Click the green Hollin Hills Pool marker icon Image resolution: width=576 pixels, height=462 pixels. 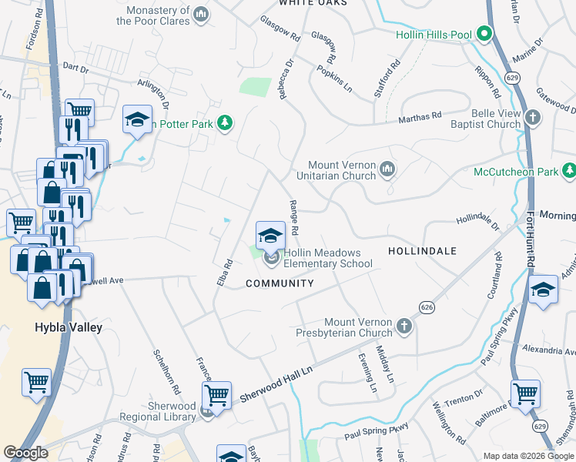484,35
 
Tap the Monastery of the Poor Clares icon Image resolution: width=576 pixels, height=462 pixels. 201,14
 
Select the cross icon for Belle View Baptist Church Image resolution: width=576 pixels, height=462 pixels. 533,119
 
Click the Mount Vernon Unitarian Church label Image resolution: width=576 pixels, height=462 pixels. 341,170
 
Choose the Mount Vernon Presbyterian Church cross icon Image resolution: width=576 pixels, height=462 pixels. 404,327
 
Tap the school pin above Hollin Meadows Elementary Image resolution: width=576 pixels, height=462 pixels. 270,235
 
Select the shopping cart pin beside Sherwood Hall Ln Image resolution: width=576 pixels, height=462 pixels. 217,396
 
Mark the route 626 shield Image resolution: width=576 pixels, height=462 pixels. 427,307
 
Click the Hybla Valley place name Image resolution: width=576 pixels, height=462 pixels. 69,327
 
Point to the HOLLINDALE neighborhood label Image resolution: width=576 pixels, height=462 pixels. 422,251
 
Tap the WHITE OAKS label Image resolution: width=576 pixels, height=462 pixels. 309,3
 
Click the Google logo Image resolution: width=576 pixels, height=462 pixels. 25,453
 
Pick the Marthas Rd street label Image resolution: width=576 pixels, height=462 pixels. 420,115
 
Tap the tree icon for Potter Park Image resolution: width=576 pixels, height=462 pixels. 224,123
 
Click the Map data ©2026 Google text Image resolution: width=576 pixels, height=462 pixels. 528,455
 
